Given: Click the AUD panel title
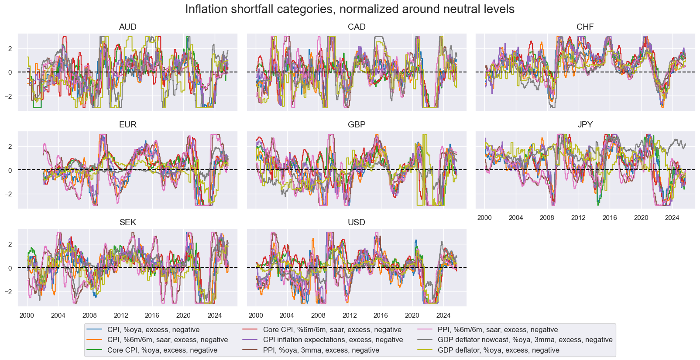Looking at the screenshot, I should pyautogui.click(x=127, y=27).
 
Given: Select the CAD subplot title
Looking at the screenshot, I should pyautogui.click(x=357, y=27).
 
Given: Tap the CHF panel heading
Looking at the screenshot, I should pyautogui.click(x=585, y=27).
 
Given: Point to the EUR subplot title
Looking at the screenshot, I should pyautogui.click(x=127, y=125).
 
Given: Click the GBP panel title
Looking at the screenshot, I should pyautogui.click(x=357, y=125).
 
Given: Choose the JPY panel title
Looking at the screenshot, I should pyautogui.click(x=585, y=125).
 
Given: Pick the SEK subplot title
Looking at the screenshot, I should pyautogui.click(x=127, y=223).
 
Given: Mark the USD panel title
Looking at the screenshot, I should pyautogui.click(x=357, y=223).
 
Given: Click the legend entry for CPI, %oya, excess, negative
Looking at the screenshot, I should pyautogui.click(x=153, y=330).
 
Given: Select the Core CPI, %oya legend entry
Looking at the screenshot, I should pyautogui.click(x=162, y=350).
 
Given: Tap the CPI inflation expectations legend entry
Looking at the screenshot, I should pyautogui.click(x=333, y=340).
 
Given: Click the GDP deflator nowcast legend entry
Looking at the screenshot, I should pyautogui.click(x=525, y=340).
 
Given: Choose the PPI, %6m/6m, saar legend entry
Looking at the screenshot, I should pyautogui.click(x=498, y=330).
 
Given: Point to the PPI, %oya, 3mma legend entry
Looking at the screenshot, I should pyautogui.click(x=321, y=350).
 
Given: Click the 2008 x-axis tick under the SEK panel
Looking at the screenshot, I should pyautogui.click(x=89, y=315).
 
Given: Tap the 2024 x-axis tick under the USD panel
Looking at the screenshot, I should pyautogui.click(x=443, y=315).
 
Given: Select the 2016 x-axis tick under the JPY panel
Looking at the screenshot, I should pyautogui.click(x=610, y=218).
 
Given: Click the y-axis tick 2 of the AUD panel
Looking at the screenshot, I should pyautogui.click(x=10, y=49).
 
